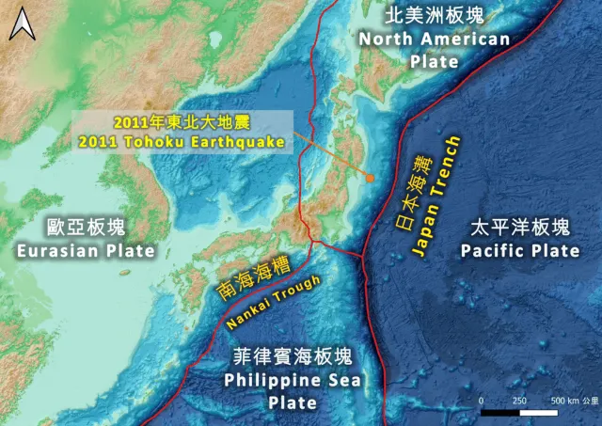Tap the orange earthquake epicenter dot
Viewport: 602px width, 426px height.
click(x=371, y=177)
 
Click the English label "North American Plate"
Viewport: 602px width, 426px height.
click(x=434, y=50)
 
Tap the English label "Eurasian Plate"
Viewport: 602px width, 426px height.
click(x=86, y=250)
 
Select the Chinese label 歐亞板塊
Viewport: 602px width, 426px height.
click(x=86, y=228)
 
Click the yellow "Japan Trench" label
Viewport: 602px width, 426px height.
click(x=438, y=197)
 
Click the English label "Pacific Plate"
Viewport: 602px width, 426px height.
click(x=520, y=250)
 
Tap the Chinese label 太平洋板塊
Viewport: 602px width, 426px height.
click(x=520, y=228)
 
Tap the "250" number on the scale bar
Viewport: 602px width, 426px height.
click(x=519, y=400)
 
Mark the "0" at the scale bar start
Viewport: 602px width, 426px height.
click(x=482, y=400)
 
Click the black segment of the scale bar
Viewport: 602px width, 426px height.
click(x=500, y=412)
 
